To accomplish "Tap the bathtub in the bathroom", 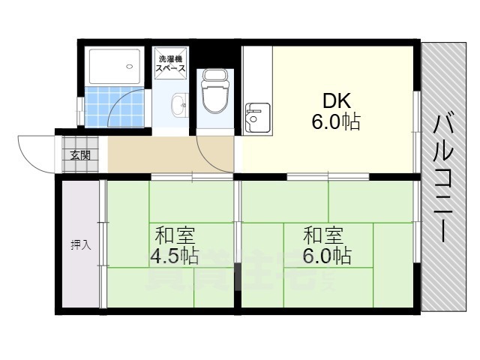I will [114, 67].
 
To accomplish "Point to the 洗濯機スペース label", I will [171, 64].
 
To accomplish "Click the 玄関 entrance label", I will [80, 156].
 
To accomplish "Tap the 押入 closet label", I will [81, 244].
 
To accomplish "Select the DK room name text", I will [336, 100].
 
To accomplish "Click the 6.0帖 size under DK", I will [336, 121].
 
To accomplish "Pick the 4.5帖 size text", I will [174, 256].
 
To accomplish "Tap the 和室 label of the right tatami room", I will [324, 234].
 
